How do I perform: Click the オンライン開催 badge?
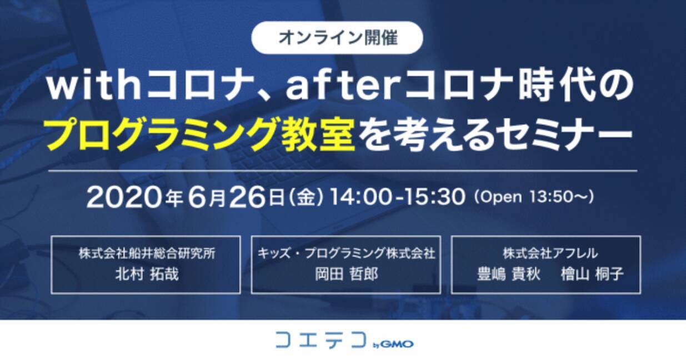[337, 38]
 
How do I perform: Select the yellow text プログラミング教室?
[201, 134]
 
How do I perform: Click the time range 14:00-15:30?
[397, 197]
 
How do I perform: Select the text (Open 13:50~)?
[533, 197]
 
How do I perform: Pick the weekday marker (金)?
[306, 197]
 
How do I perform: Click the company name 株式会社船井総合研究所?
[147, 253]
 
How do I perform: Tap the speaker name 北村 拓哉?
[147, 273]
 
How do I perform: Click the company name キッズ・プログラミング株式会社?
[346, 253]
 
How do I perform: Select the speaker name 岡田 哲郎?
[347, 273]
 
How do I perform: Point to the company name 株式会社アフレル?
[550, 253]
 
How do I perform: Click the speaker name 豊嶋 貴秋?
[509, 273]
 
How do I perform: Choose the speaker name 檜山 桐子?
[592, 273]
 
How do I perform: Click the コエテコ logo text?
[321, 339]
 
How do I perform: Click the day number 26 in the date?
[247, 197]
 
